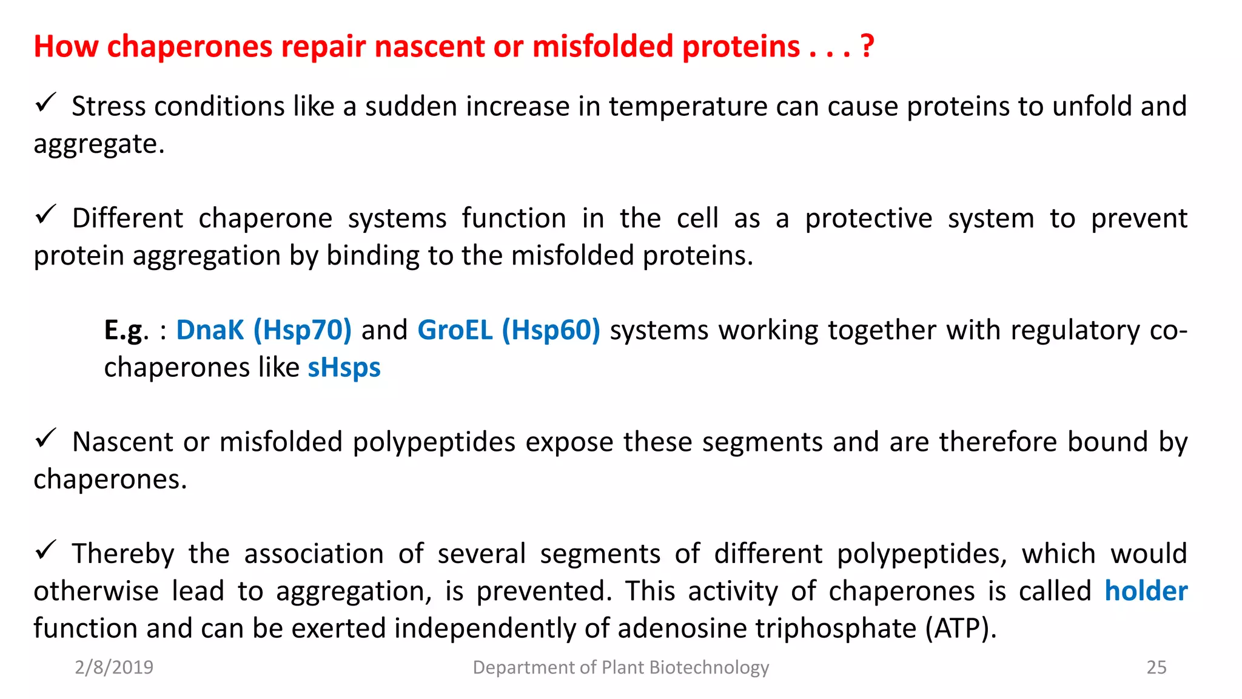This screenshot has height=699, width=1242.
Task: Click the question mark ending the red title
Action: pos(867,46)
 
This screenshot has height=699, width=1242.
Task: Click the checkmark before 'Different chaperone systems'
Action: pos(45,214)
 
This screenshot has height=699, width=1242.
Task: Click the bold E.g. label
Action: pos(126,331)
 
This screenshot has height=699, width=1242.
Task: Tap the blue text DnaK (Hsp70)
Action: pos(264,331)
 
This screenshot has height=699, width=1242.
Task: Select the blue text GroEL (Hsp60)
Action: pos(508,331)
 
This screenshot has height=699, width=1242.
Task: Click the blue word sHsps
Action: pos(344,368)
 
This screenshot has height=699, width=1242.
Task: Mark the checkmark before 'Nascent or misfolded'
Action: pos(45,438)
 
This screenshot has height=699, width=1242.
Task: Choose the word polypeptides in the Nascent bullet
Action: pos(434,442)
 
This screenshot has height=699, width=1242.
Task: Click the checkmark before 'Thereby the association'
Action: pos(45,550)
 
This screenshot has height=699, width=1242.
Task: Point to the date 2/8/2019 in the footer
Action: pos(114,667)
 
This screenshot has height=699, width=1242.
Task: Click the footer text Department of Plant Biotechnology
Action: pos(620,667)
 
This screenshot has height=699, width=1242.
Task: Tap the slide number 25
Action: pos(1156,667)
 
